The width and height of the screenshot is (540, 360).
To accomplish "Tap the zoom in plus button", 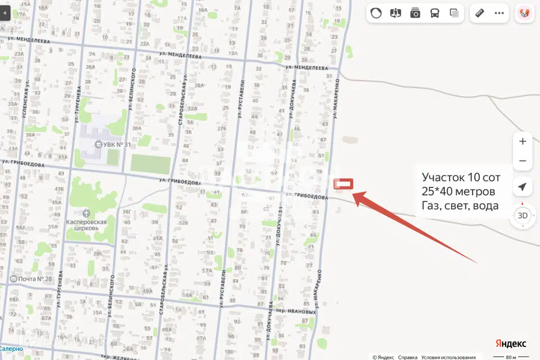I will [x=523, y=141].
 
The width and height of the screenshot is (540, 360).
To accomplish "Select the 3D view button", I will [x=523, y=215].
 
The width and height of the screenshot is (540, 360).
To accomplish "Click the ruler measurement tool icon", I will [x=480, y=13].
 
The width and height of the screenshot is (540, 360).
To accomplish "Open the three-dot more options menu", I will [x=499, y=13].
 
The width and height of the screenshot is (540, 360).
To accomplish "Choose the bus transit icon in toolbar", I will [x=435, y=13].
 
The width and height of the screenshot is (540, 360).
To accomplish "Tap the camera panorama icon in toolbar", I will [x=415, y=13].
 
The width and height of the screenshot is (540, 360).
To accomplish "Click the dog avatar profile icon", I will [x=524, y=13].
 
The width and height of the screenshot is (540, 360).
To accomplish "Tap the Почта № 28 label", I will [x=35, y=279].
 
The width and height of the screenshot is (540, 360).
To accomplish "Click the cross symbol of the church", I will [x=85, y=213].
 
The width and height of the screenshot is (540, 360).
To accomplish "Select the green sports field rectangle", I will [x=150, y=164].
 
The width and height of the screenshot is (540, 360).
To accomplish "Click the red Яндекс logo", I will [x=511, y=343].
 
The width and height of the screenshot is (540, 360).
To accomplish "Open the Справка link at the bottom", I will [x=408, y=357].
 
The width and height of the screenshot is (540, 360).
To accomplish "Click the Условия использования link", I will [x=449, y=357].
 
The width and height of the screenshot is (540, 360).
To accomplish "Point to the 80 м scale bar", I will [x=510, y=357].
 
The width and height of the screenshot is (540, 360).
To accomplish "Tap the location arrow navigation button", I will [x=523, y=187].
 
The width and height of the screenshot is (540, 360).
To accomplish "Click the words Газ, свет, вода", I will [x=460, y=205].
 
